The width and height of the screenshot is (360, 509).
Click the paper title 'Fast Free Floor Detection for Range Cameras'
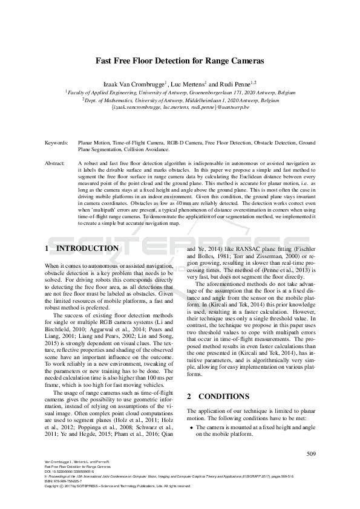[x=180, y=61]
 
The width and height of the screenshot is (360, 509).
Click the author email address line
[x=180, y=106]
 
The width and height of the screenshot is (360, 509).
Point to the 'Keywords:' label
[x=57, y=142]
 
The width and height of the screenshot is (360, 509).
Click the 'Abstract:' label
[x=56, y=163]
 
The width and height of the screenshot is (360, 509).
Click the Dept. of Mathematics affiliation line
[x=180, y=99]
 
